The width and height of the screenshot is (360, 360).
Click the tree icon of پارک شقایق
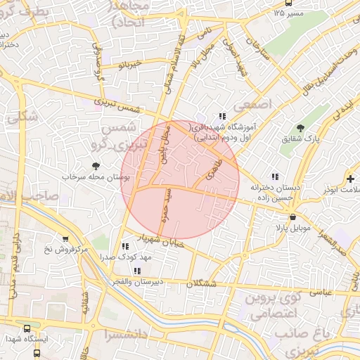[301, 128]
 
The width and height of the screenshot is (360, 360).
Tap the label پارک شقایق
[302, 139]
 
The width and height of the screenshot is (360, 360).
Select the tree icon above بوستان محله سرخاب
[96, 166]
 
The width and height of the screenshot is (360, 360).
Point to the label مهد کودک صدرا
[126, 258]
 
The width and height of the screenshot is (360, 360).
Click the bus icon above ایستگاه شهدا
[27, 328]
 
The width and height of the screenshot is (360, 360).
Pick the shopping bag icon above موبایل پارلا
[290, 217]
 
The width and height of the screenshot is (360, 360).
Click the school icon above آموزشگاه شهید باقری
[223, 116]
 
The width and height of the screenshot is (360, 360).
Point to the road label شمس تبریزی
[127, 105]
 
